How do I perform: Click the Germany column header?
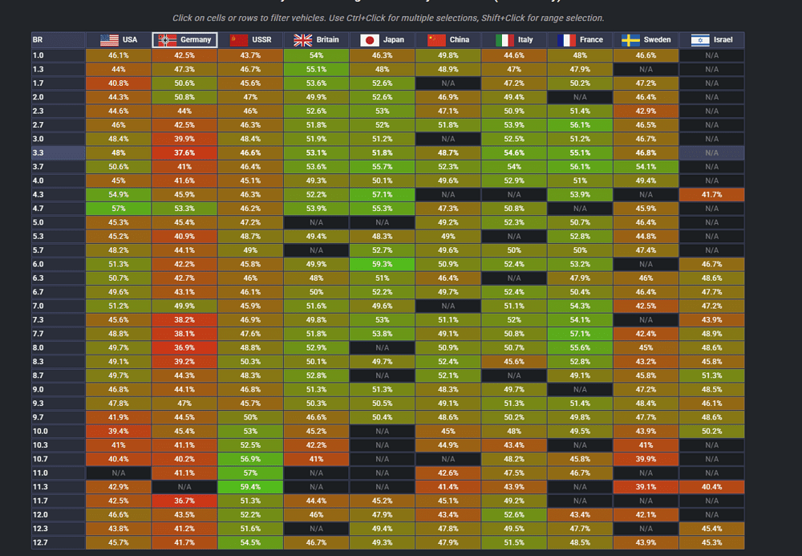[x=184, y=39]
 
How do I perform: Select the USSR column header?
[x=250, y=39]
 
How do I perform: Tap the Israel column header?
[x=711, y=39]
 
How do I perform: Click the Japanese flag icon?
[x=370, y=39]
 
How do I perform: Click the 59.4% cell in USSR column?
[x=250, y=486]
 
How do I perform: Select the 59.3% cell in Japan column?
[x=382, y=264]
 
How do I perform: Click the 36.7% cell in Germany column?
[x=184, y=500]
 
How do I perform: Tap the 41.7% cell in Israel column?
[x=711, y=194]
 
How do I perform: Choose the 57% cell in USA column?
[x=119, y=208]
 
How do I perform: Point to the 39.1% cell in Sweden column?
[x=646, y=486]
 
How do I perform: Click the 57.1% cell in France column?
[x=580, y=333]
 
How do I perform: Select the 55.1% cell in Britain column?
[x=316, y=69]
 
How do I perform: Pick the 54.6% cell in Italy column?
[x=514, y=152]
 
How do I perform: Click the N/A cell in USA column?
[x=119, y=473]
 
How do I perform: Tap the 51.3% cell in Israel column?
[x=711, y=375]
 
